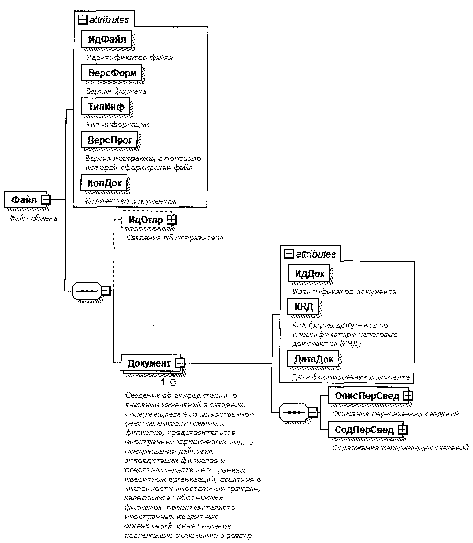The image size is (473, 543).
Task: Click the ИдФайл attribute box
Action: coord(107,39)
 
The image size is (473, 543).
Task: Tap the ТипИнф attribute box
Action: coord(106,106)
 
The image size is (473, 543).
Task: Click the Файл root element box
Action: coord(24,200)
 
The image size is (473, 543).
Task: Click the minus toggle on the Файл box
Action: coord(46,200)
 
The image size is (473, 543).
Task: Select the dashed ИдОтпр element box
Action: coord(146,220)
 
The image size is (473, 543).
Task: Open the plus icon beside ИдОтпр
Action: coord(171,220)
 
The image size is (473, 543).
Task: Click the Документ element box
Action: coord(149,363)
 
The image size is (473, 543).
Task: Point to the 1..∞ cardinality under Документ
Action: coord(168,382)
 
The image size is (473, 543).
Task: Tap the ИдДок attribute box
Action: coord(309,273)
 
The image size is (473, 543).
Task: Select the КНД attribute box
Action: coord(303,306)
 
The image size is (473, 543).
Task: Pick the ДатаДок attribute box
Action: coord(313,359)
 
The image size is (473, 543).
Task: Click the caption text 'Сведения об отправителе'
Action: coord(175,238)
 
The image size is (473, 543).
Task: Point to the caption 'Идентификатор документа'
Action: coord(344,292)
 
